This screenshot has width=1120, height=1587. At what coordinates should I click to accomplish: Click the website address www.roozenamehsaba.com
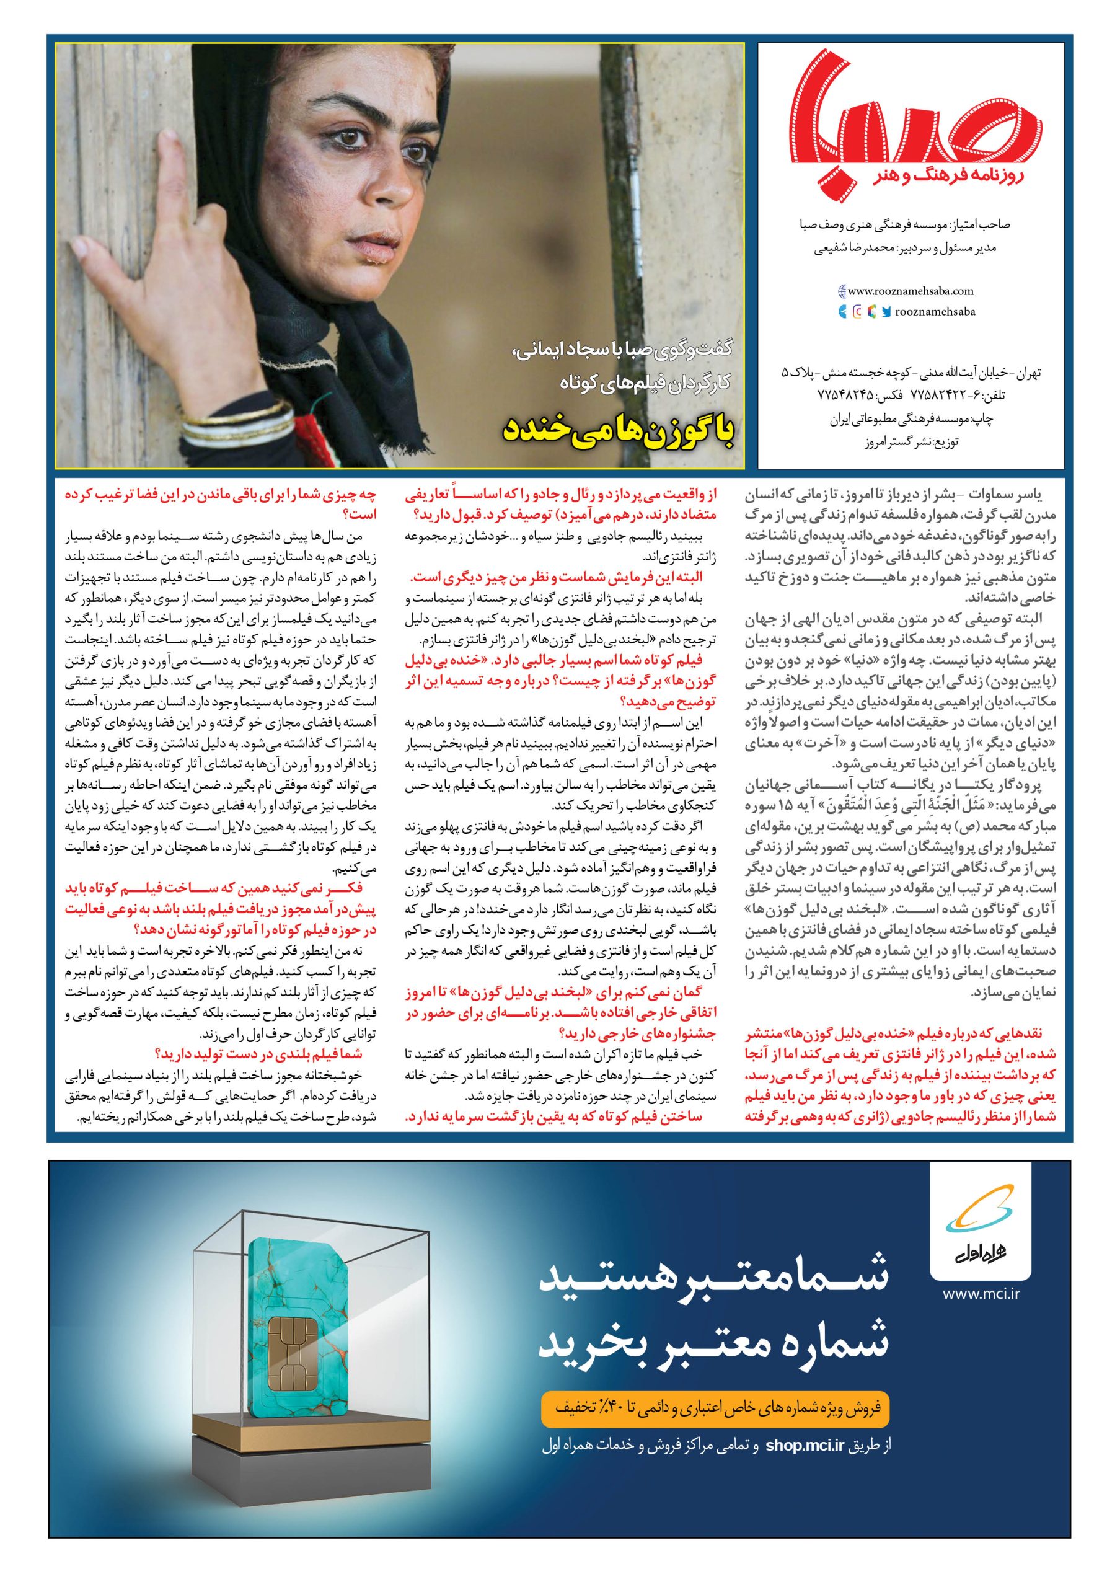(x=911, y=292)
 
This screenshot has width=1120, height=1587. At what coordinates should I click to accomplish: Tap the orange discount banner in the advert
(x=717, y=1387)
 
